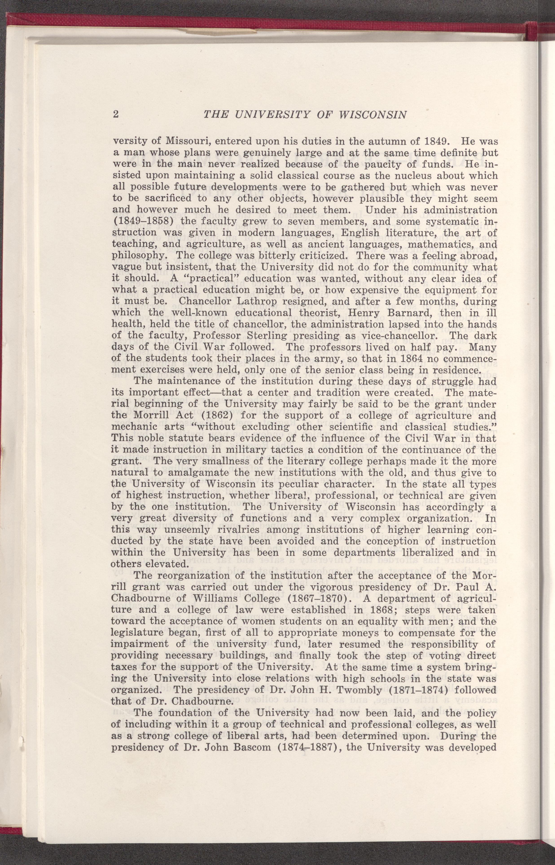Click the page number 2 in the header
116,115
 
